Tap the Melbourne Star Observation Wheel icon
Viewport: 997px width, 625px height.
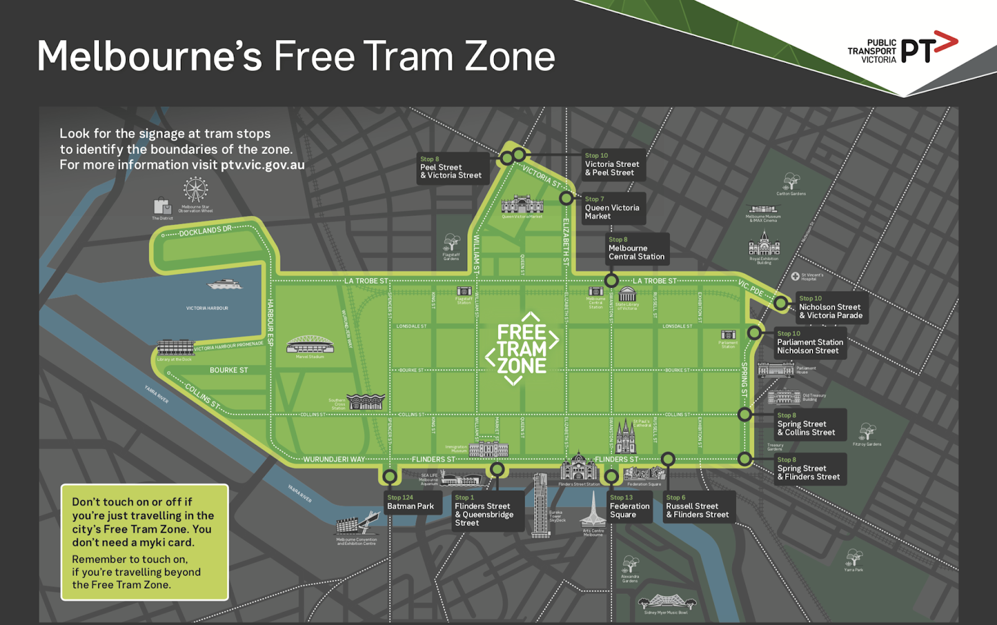195,190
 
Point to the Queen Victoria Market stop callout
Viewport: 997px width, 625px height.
611,208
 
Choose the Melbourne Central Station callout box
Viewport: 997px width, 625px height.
636,248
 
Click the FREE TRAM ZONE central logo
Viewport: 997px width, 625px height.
522,349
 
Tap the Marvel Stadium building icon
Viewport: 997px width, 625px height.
310,345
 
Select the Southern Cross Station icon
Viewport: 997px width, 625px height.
365,402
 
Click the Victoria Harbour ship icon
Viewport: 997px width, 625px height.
224,284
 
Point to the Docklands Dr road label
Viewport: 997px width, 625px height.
205,231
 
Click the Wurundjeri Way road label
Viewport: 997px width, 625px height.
334,460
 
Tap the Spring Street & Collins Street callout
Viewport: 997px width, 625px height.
809,424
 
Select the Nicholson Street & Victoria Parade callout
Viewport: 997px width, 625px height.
831,308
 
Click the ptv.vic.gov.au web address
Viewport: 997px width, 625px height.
262,165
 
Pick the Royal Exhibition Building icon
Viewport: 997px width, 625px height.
764,244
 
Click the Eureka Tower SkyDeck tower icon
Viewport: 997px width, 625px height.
540,505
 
